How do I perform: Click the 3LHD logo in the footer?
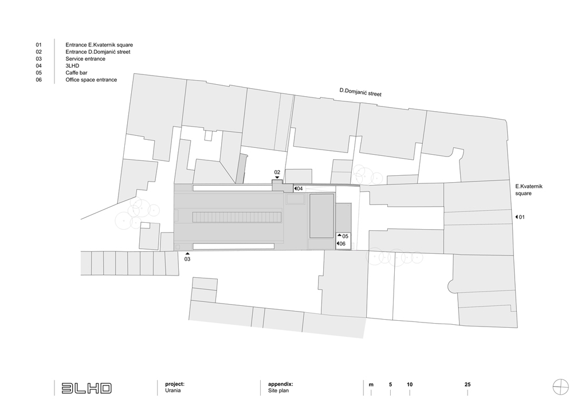click(x=87, y=388)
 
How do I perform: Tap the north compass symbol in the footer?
click(x=560, y=387)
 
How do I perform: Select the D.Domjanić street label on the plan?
click(x=360, y=92)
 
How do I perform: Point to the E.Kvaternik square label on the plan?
click(x=529, y=190)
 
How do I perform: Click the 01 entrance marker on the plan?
click(x=520, y=217)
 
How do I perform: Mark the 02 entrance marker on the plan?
click(x=277, y=174)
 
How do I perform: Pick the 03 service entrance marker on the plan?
click(x=187, y=257)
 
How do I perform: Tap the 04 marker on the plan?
click(x=299, y=189)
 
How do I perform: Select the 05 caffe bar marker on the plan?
click(x=343, y=236)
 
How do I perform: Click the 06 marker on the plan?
click(x=341, y=243)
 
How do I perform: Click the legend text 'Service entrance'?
click(x=85, y=59)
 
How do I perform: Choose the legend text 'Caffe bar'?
click(x=76, y=73)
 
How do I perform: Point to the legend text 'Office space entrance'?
click(x=91, y=80)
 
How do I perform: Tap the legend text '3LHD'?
click(x=72, y=66)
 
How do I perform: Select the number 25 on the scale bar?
click(x=468, y=384)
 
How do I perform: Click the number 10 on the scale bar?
click(x=410, y=384)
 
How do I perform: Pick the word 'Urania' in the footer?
click(x=173, y=390)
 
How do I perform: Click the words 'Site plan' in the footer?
click(x=278, y=390)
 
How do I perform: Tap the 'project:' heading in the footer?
click(x=175, y=384)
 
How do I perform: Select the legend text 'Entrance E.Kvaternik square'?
click(x=99, y=45)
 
